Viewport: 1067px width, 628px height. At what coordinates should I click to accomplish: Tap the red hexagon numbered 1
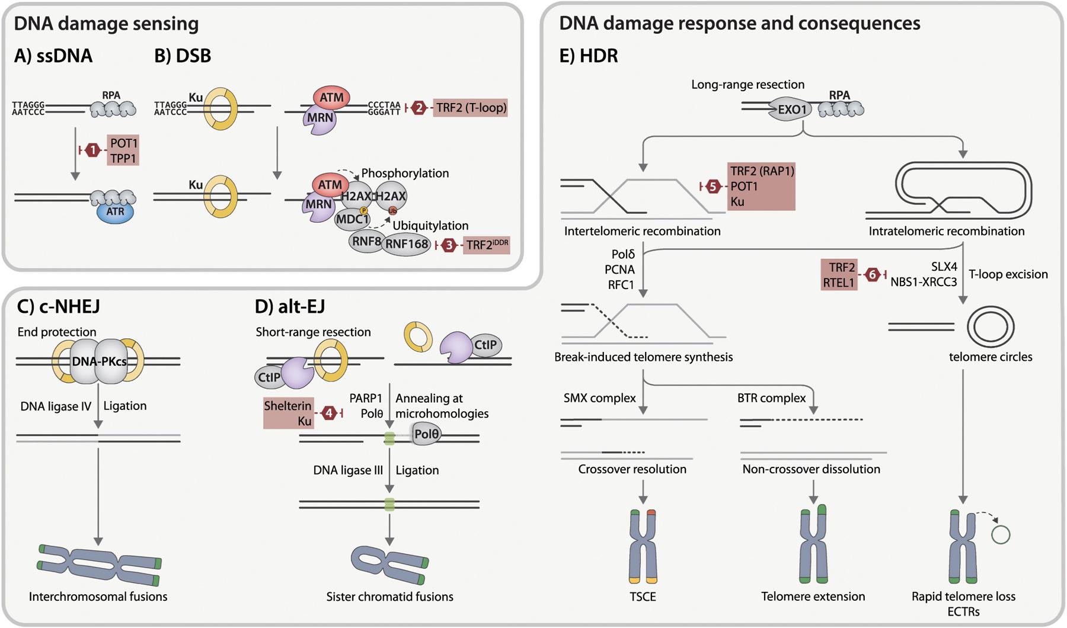(92, 150)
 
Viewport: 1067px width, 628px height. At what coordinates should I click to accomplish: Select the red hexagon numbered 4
(329, 413)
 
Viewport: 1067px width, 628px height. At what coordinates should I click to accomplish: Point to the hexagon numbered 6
(871, 275)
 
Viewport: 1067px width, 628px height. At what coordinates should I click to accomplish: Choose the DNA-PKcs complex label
(99, 361)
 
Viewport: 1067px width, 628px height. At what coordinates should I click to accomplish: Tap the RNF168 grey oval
(407, 243)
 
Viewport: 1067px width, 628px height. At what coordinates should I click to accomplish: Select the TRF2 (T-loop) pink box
(471, 108)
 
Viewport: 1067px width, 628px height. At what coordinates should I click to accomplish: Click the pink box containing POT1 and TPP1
(123, 150)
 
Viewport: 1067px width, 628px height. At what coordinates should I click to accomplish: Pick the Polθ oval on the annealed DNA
(426, 434)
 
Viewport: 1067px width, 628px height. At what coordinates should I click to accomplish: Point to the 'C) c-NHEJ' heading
(58, 306)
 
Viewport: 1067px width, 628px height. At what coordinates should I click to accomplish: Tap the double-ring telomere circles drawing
(991, 326)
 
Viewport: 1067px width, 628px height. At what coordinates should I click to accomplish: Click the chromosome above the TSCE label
(643, 546)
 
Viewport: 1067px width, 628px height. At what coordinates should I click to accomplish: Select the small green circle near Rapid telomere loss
(1001, 535)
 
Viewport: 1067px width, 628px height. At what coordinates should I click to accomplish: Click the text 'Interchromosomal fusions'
(98, 597)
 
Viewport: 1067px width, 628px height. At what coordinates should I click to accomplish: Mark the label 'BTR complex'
(771, 398)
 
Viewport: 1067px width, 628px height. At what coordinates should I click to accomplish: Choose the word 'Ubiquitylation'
(430, 226)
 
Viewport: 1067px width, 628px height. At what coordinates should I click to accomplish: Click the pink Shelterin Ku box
(288, 413)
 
